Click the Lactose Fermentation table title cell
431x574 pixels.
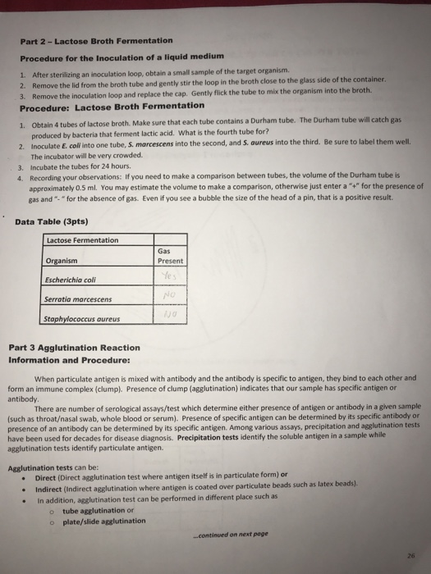click(83, 239)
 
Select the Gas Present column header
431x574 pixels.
click(169, 256)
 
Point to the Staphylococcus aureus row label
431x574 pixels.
click(83, 318)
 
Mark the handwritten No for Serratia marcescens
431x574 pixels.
click(170, 294)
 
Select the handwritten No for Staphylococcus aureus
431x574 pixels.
click(170, 313)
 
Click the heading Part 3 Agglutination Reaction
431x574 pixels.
click(74, 348)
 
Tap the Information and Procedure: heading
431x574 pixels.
click(69, 359)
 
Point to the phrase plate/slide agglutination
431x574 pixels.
click(103, 520)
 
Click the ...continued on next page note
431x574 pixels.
click(221, 534)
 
